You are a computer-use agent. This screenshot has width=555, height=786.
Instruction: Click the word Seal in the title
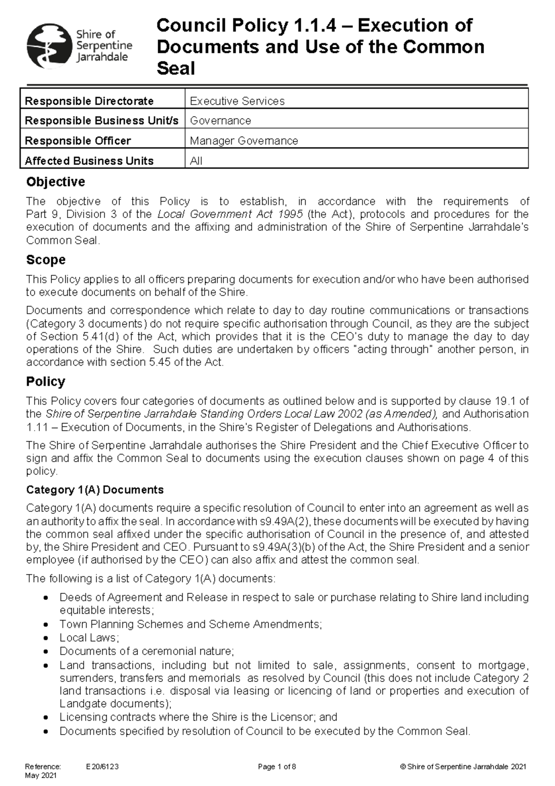[176, 69]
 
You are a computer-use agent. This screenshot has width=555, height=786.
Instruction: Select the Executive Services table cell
[237, 101]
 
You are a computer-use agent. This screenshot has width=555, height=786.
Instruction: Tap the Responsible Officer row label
[78, 141]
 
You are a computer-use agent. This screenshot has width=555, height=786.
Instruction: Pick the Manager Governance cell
[244, 141]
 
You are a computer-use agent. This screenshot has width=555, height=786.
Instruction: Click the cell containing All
[196, 161]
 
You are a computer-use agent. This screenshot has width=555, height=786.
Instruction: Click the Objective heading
[55, 182]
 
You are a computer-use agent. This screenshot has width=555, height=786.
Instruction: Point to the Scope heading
[46, 260]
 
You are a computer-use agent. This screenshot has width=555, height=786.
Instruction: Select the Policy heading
[45, 381]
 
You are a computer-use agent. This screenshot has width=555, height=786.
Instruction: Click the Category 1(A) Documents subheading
[95, 490]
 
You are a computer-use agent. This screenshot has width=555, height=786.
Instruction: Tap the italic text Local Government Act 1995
[230, 214]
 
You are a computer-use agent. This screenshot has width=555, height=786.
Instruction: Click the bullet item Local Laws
[89, 637]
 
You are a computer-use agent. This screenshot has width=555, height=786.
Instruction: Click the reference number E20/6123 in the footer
[102, 767]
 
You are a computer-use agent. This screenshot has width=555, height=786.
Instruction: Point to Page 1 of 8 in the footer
[277, 767]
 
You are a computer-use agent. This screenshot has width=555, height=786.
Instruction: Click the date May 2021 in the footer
[41, 775]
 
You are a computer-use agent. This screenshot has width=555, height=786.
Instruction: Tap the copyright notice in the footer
[463, 767]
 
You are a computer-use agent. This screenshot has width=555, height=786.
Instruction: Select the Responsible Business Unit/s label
[101, 121]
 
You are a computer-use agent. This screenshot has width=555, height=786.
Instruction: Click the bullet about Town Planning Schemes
[190, 624]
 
